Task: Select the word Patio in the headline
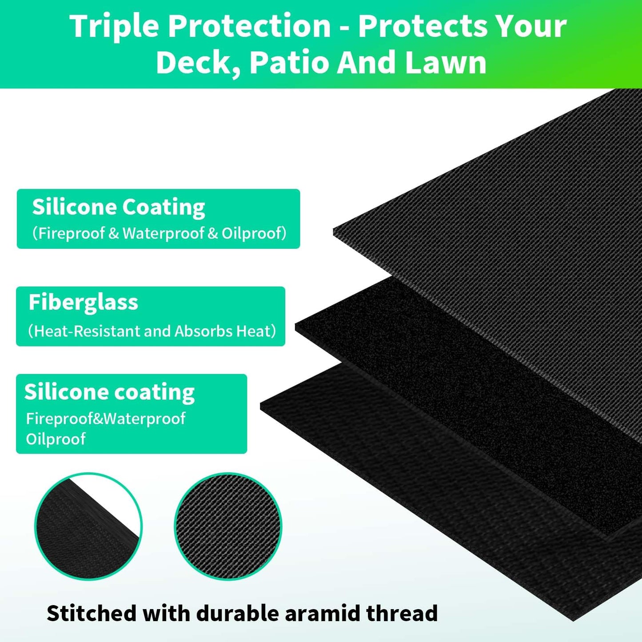click(x=289, y=62)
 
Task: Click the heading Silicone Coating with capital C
click(x=119, y=207)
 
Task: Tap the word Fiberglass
click(x=84, y=303)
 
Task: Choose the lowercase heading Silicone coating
click(x=109, y=392)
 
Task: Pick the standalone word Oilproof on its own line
click(x=56, y=439)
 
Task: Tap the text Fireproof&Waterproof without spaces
click(x=106, y=419)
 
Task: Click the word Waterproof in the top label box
click(x=163, y=233)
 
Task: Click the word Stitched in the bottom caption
click(x=91, y=613)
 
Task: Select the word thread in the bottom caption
click(x=402, y=613)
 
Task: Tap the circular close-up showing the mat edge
click(x=88, y=526)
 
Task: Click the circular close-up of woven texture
click(x=228, y=526)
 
